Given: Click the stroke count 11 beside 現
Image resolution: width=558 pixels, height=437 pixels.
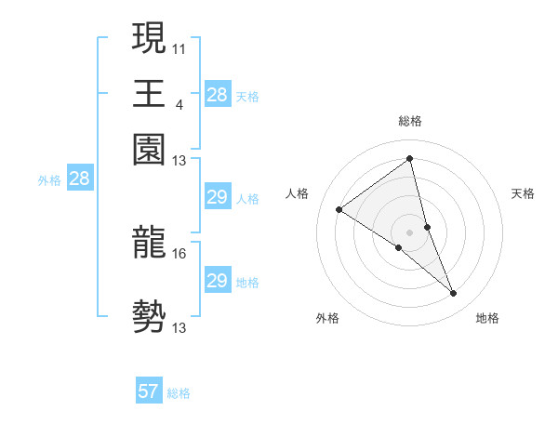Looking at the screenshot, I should (x=179, y=47).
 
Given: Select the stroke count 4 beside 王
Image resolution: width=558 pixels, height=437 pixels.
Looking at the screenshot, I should (x=179, y=104).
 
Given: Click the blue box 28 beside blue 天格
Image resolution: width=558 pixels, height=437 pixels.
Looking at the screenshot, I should (x=217, y=94).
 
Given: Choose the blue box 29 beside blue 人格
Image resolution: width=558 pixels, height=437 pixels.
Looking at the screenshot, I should (x=217, y=197).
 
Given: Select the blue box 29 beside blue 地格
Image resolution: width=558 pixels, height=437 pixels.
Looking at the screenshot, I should (x=217, y=281).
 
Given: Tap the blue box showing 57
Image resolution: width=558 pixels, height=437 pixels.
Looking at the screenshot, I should (x=149, y=391).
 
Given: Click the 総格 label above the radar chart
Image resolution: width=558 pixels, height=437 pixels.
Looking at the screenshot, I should (x=410, y=121).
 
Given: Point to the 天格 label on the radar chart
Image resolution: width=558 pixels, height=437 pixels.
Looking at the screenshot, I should (x=523, y=193).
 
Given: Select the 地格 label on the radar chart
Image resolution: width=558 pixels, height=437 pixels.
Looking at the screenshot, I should (x=487, y=319).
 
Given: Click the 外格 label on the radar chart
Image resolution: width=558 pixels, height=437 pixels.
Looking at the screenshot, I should (x=327, y=319).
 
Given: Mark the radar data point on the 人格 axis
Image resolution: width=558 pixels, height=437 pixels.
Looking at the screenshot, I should (x=339, y=210).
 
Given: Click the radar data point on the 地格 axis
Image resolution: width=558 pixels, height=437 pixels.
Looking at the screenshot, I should (x=454, y=293).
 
